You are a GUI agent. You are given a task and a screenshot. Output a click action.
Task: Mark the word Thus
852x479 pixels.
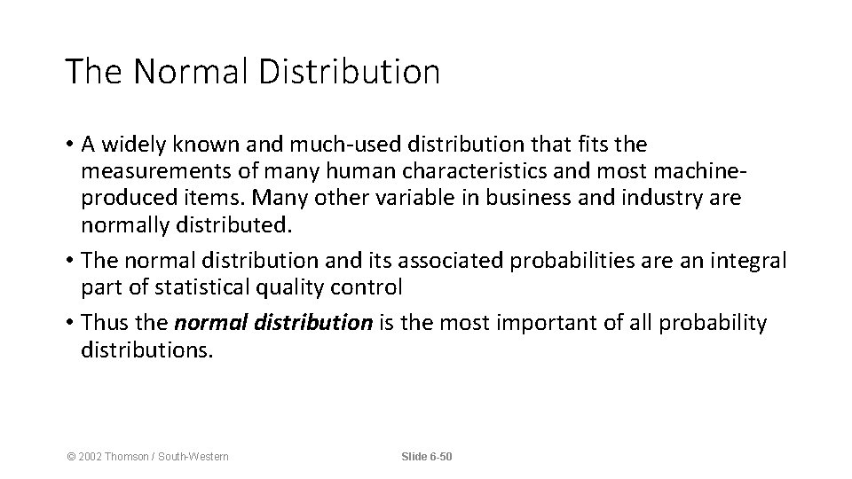104,322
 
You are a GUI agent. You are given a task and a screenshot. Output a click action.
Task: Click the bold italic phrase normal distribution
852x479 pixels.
273,322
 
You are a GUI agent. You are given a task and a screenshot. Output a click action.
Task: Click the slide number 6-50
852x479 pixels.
439,456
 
